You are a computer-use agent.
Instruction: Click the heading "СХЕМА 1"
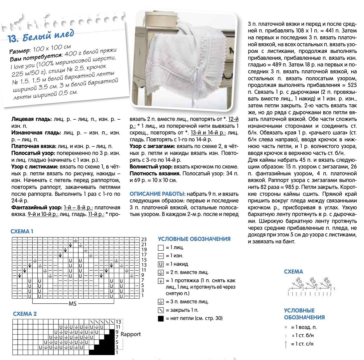[x=22, y=231]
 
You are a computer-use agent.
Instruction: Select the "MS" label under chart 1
[x=73, y=304]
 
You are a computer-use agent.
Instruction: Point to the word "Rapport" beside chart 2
[x=131, y=334]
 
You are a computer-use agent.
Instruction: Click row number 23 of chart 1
[x=144, y=239]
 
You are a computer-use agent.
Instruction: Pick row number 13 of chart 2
[x=118, y=321]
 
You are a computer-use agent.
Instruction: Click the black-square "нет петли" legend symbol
[x=161, y=318]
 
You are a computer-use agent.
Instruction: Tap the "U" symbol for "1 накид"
[x=161, y=264]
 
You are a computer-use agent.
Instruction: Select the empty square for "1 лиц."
[x=161, y=248]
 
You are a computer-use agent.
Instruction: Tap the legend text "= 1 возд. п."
[x=303, y=327]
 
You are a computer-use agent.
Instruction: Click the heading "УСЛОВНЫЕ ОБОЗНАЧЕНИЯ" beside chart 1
[x=194, y=239]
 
